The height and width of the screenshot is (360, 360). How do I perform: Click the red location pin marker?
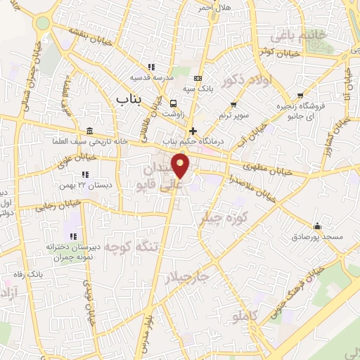click(181, 167)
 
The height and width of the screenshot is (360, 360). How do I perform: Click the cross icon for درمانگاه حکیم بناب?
click(193, 131)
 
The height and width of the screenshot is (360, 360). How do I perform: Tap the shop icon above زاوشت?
click(173, 103)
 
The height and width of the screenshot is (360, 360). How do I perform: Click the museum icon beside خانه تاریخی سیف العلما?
click(89, 131)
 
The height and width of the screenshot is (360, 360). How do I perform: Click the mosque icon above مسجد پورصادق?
click(317, 226)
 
